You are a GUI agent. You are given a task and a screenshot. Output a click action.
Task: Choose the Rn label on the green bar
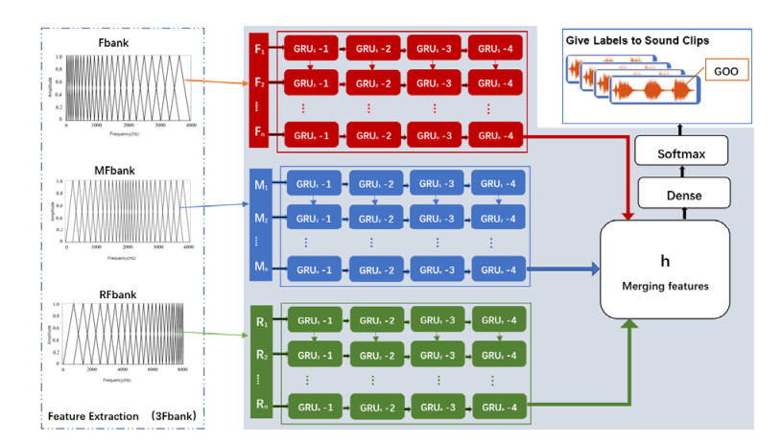point(259,407)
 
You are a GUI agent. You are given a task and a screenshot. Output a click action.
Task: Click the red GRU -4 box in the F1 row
point(496,47)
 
